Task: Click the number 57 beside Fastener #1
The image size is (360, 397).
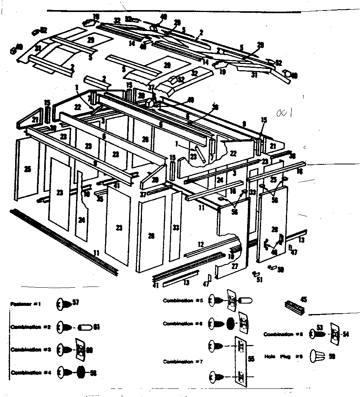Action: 75,302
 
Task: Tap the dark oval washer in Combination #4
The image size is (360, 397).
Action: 81,372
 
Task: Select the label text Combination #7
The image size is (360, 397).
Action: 183,362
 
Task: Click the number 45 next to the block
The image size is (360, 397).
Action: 303,299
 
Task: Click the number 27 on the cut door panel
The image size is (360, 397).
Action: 234,266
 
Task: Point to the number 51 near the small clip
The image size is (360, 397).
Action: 260,279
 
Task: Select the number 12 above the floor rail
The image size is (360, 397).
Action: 200,244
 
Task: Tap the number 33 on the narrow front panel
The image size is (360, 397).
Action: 176,228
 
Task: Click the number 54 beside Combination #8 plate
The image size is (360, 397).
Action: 346,334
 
